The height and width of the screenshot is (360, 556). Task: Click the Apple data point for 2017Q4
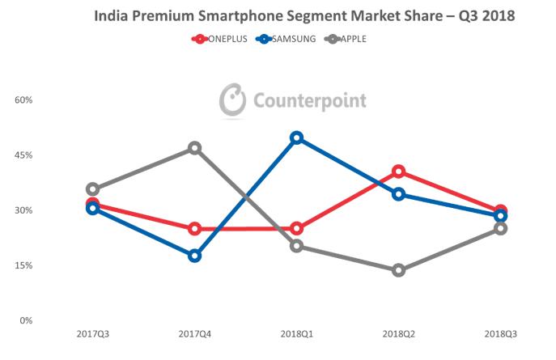194,148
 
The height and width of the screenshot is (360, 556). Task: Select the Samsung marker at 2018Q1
297,138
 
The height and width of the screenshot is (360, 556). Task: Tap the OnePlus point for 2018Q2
399,172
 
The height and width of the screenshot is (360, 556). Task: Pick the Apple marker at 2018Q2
399,270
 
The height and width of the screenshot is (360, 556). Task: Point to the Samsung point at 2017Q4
194,256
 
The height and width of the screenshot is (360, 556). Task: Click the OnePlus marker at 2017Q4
194,229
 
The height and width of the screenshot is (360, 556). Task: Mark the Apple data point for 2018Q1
297,246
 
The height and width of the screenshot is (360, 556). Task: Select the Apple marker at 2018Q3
501,228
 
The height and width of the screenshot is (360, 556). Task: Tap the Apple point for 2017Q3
92,189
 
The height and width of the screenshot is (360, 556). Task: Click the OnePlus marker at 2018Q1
297,228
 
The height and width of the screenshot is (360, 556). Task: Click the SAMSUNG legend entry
287,38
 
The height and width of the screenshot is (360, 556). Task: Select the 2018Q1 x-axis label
297,334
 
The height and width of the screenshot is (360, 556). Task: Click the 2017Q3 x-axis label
92,334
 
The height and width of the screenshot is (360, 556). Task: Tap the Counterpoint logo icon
233,100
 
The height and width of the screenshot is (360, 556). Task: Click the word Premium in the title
188,15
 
